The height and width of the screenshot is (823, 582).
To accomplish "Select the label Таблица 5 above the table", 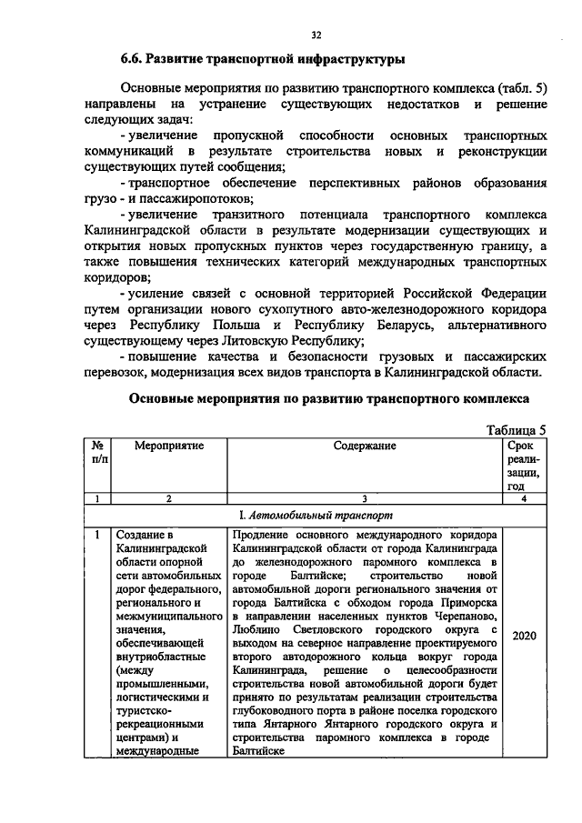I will pyautogui.click(x=516, y=430).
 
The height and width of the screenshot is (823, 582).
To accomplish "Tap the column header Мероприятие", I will pyautogui.click(x=169, y=447).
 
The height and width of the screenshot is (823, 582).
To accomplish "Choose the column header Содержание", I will pyautogui.click(x=365, y=447).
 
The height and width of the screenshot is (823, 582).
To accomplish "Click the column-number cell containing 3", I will pyautogui.click(x=365, y=497).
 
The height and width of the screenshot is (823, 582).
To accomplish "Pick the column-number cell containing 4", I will pyautogui.click(x=525, y=497).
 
